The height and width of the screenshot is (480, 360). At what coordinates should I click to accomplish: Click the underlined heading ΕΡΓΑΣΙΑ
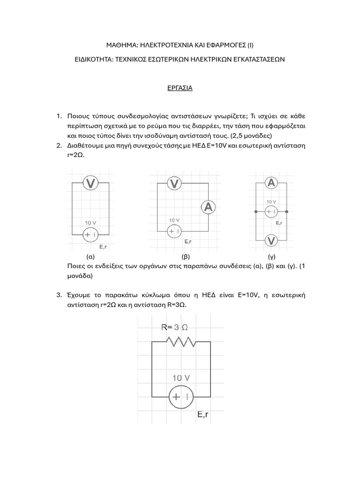click(x=180, y=88)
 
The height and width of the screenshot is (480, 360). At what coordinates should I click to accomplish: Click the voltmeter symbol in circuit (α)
click(x=90, y=184)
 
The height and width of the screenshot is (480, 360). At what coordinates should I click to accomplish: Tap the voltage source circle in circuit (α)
click(x=90, y=234)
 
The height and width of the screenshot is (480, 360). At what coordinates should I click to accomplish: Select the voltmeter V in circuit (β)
click(x=174, y=184)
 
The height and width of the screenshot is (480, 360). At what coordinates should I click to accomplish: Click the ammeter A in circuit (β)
click(x=208, y=207)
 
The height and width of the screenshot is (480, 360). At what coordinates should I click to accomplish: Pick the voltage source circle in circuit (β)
click(x=174, y=231)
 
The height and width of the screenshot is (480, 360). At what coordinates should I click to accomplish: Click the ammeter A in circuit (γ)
click(x=271, y=183)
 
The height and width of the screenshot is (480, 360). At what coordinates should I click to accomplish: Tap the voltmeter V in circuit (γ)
click(x=271, y=240)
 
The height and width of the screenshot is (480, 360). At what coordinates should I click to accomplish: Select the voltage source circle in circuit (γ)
click(x=271, y=212)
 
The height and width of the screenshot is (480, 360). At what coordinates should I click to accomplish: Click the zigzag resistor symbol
click(x=181, y=342)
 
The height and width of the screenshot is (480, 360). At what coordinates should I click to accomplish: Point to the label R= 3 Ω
click(x=175, y=327)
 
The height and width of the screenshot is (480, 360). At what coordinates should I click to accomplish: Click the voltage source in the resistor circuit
click(x=181, y=397)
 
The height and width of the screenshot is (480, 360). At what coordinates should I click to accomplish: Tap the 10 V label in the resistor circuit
click(x=181, y=378)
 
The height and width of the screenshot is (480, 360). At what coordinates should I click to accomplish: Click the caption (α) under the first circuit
click(x=90, y=257)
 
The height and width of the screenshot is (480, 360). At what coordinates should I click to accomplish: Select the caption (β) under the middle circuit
click(x=186, y=257)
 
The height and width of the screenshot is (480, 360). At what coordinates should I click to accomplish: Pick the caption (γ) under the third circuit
click(x=271, y=257)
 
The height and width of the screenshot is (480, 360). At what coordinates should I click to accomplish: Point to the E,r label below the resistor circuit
click(x=203, y=415)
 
